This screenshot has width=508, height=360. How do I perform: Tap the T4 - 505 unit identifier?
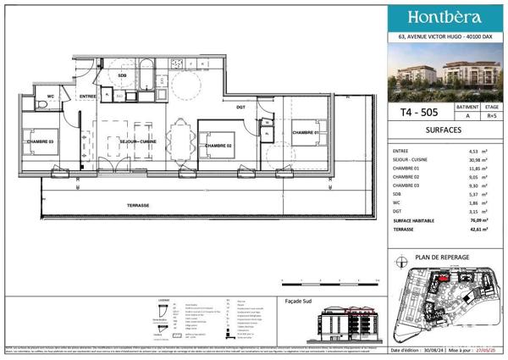tap(415, 111)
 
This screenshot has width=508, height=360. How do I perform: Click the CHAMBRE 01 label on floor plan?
tap(306, 132)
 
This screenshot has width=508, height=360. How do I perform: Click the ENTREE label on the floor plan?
tap(87, 97)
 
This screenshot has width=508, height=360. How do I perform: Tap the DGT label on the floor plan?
tap(240, 106)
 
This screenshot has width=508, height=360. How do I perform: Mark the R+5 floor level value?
tap(491, 118)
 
